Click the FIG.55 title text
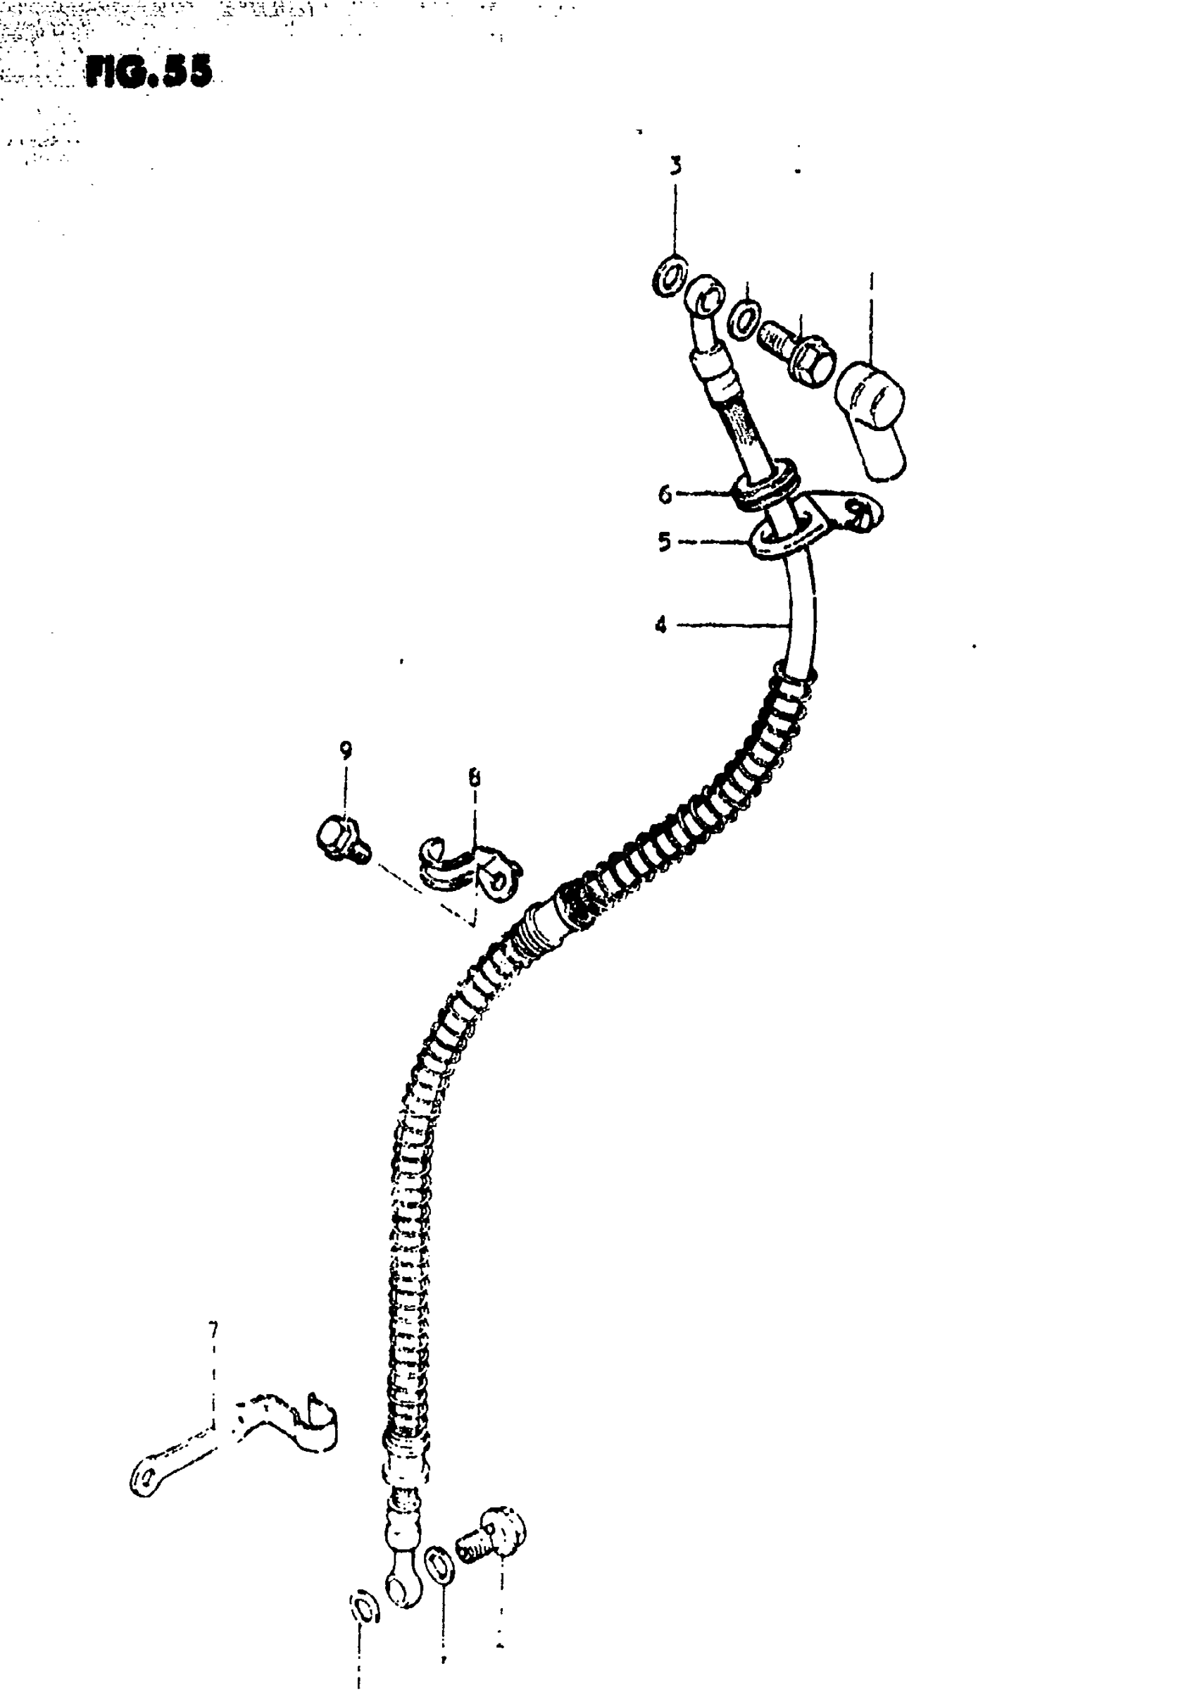[x=149, y=73]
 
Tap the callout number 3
[x=675, y=166]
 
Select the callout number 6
[x=665, y=494]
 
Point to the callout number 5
[x=664, y=542]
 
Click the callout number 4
[x=660, y=626]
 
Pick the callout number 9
[x=345, y=750]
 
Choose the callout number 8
[x=474, y=777]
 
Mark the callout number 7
[x=213, y=1329]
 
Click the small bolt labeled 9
[x=341, y=841]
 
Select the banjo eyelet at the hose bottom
[x=403, y=1584]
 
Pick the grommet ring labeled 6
[x=767, y=485]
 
